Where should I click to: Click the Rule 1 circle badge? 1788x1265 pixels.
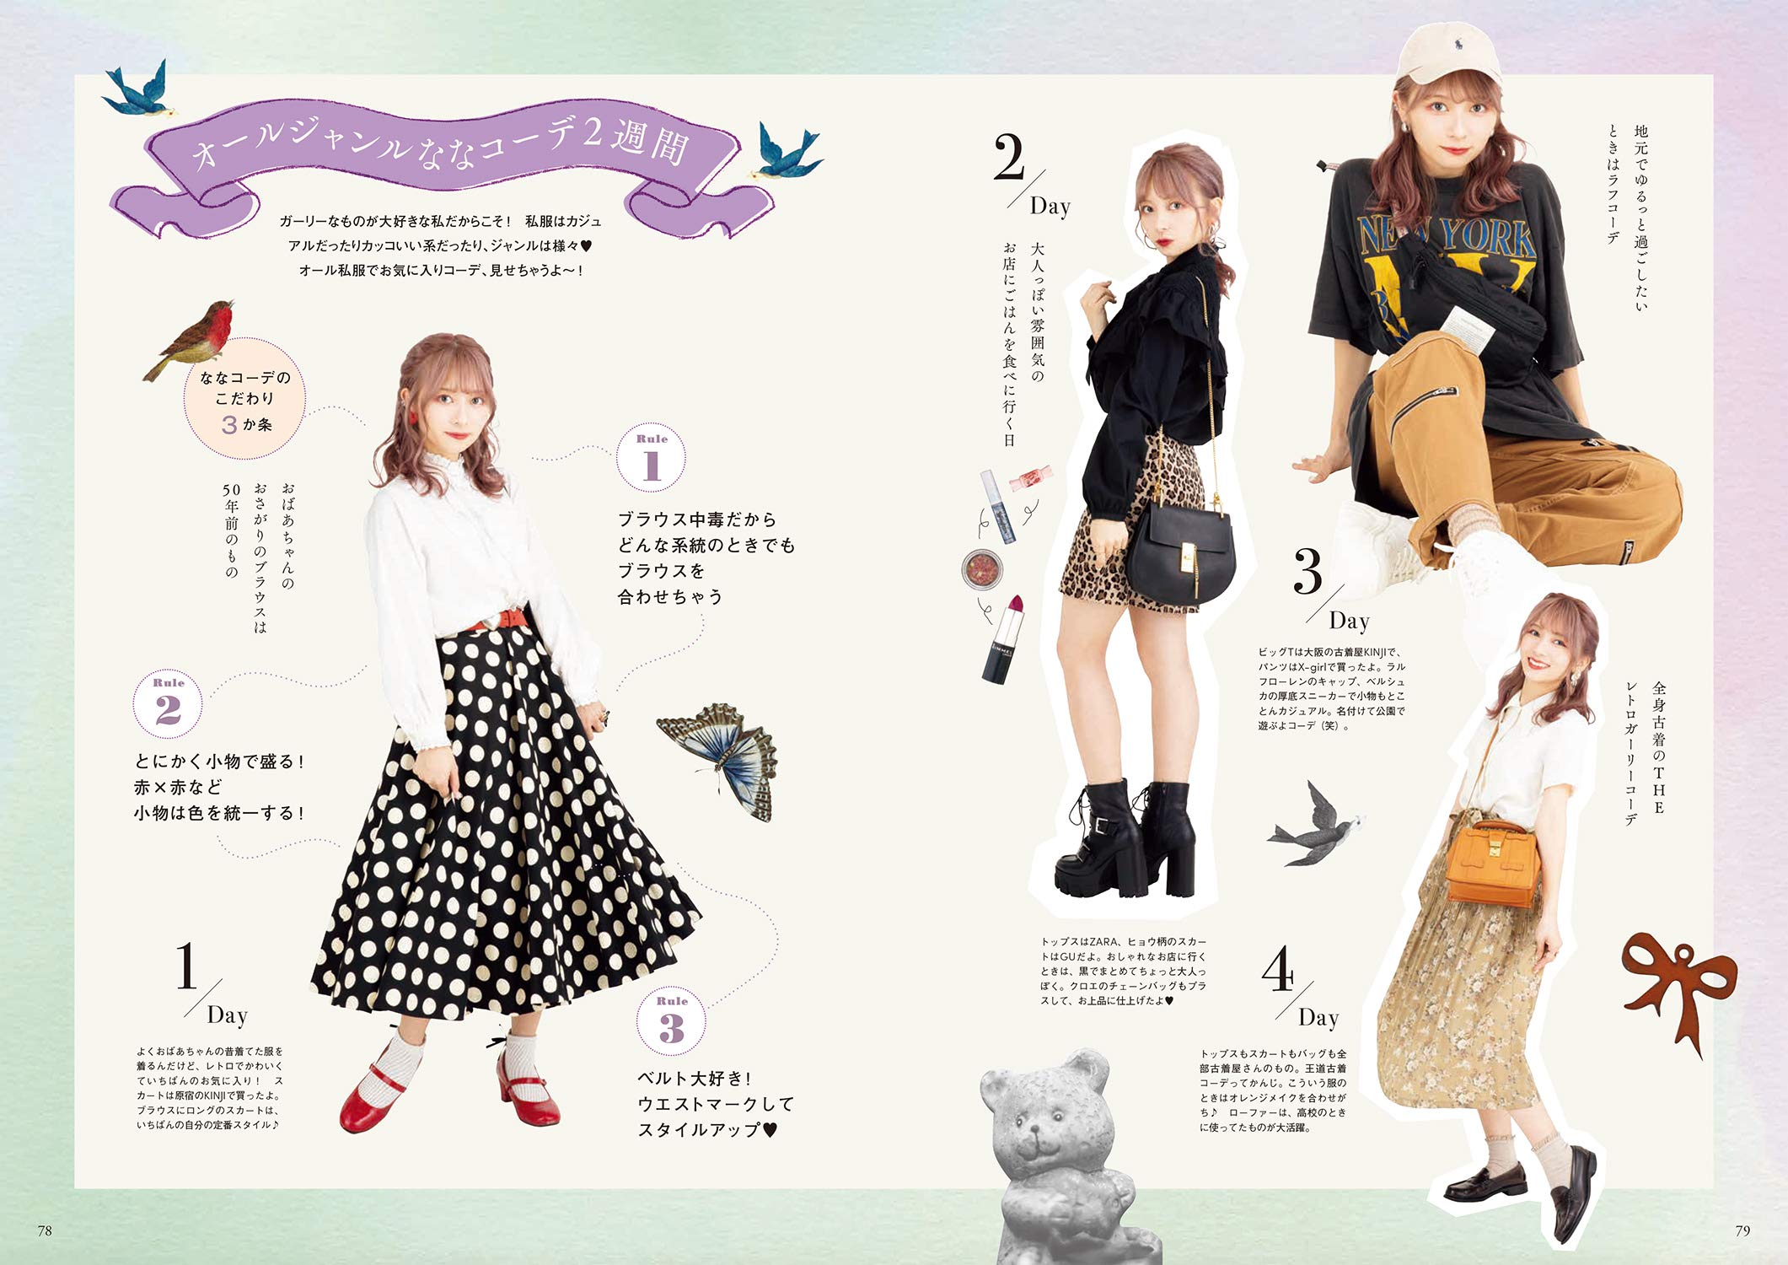coord(651,458)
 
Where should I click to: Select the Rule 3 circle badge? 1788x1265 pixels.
coord(672,1021)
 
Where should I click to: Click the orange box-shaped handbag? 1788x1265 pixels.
coord(1493,862)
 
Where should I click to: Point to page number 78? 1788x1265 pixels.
coord(45,1230)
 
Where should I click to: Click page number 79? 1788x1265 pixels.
coord(1742,1230)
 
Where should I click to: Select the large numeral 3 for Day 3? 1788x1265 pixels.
coord(1307,571)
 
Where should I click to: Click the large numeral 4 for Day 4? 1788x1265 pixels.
coord(1278,969)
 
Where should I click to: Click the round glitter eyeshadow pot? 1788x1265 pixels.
coord(982,569)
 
